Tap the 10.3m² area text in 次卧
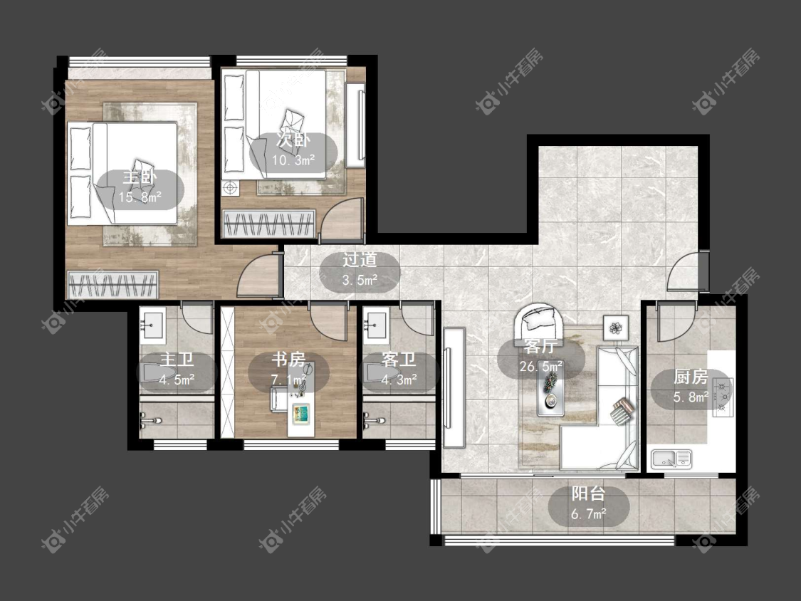[x=293, y=160]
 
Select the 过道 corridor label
[x=359, y=260]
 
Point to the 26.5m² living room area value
[x=541, y=367]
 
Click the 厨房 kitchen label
[x=690, y=377]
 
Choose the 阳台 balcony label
[x=588, y=493]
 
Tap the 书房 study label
[x=288, y=360]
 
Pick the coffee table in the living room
[x=550, y=391]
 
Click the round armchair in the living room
[x=540, y=323]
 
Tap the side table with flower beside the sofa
[x=616, y=327]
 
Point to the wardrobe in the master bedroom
[x=112, y=284]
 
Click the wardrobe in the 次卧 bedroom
[x=268, y=224]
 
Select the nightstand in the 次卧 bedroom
[x=231, y=188]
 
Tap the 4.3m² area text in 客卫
[x=399, y=380]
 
